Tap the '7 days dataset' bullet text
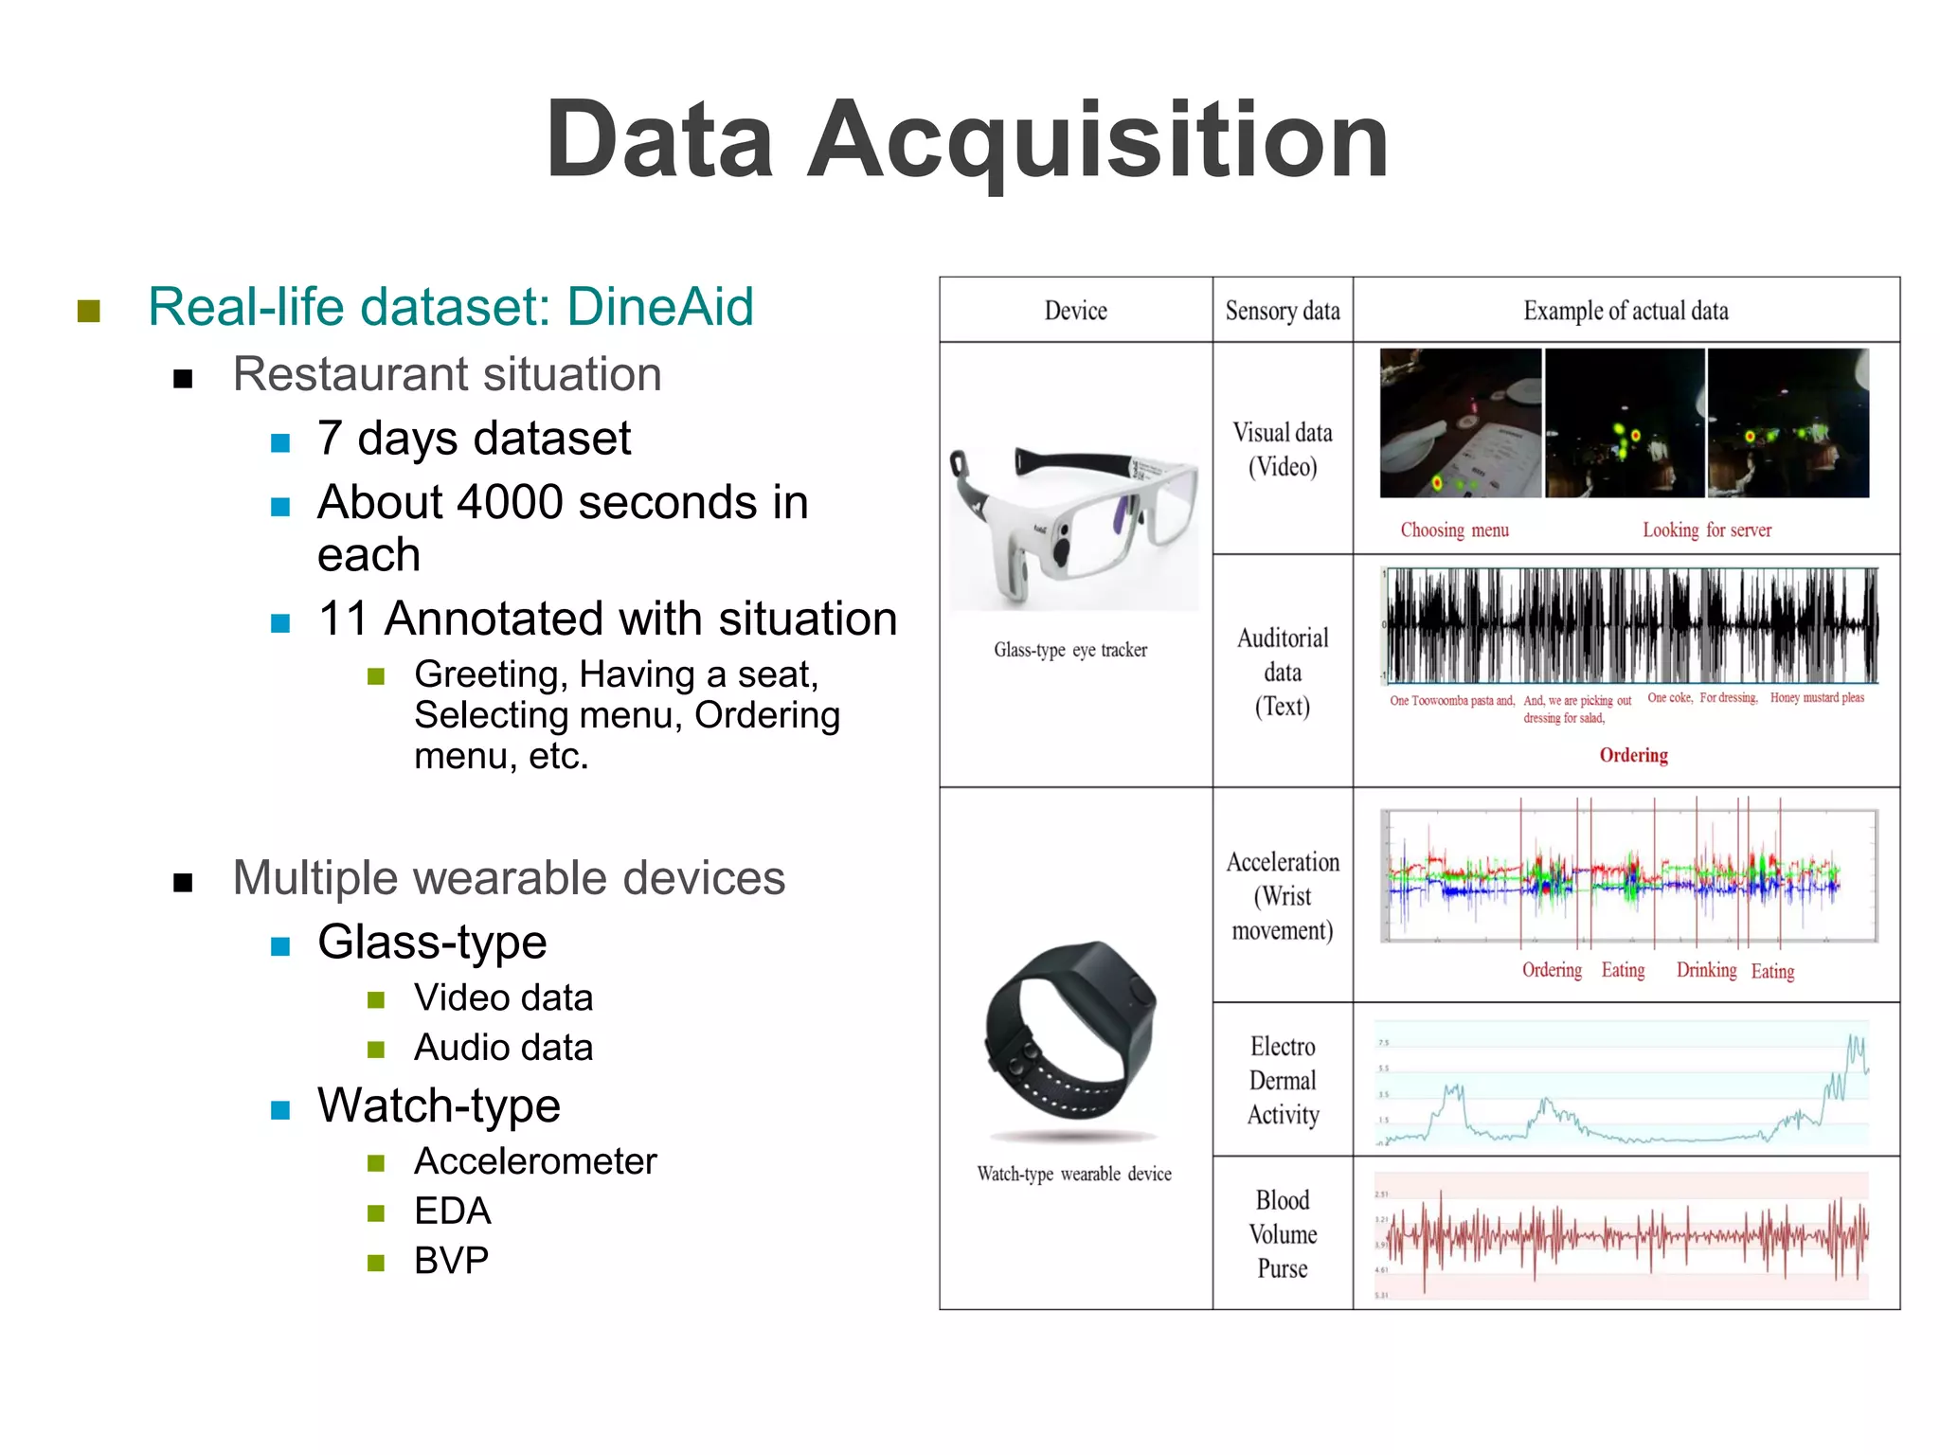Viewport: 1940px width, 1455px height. pyautogui.click(x=474, y=439)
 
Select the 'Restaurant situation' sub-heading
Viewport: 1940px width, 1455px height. pyautogui.click(x=447, y=374)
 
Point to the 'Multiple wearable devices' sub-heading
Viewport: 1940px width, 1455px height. pyautogui.click(x=509, y=878)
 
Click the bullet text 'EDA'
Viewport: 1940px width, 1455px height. pyautogui.click(x=452, y=1212)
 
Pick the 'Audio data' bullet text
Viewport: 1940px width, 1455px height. pyautogui.click(x=503, y=1048)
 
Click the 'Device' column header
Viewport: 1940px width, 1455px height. pyautogui.click(x=1075, y=311)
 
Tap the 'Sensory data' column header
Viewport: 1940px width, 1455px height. pyautogui.click(x=1282, y=311)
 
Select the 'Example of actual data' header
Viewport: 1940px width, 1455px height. pyautogui.click(x=1626, y=311)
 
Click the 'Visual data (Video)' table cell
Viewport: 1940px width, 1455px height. pyautogui.click(x=1282, y=449)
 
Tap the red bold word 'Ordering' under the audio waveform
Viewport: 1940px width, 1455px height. pyautogui.click(x=1633, y=755)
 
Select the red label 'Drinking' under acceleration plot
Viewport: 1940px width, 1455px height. pyautogui.click(x=1706, y=970)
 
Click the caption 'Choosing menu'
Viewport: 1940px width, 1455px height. pyautogui.click(x=1454, y=530)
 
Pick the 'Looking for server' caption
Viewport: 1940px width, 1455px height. pyautogui.click(x=1706, y=530)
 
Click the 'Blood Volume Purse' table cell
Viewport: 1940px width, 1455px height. pyautogui.click(x=1282, y=1233)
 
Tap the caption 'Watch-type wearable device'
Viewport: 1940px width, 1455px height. pyautogui.click(x=1074, y=1174)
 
